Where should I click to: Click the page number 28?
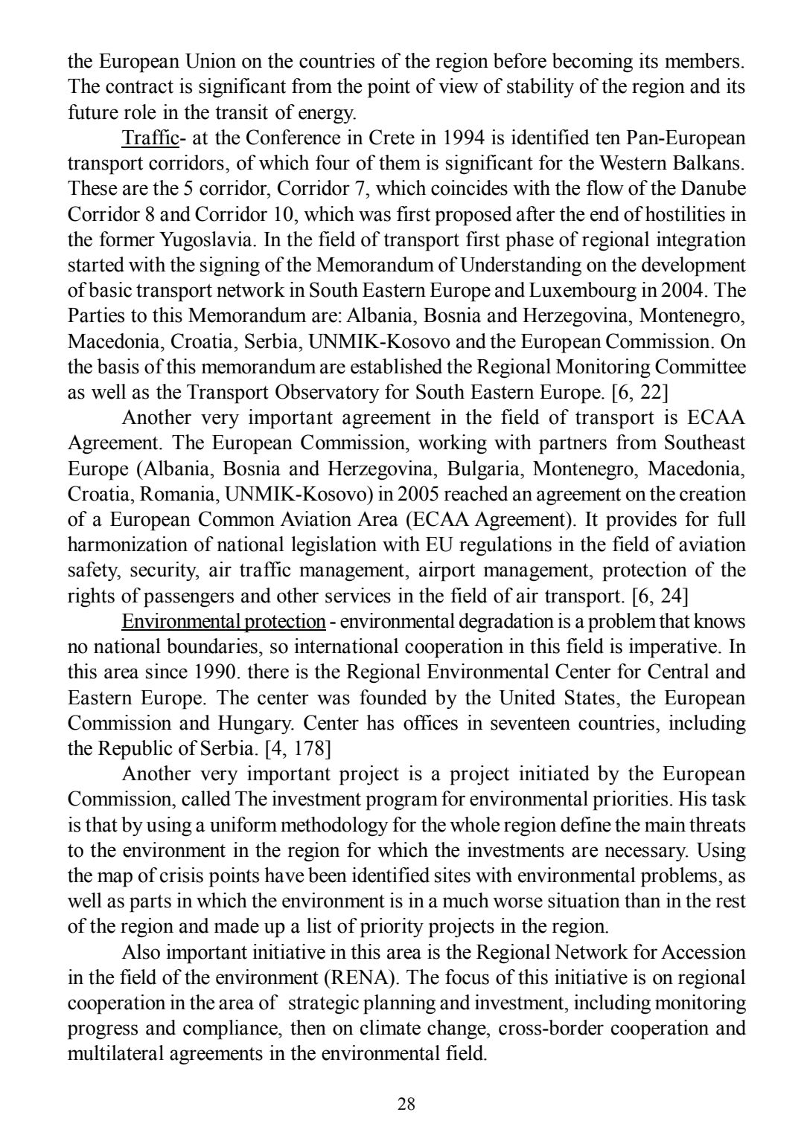point(406,1104)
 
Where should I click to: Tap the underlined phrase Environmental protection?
point(223,621)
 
